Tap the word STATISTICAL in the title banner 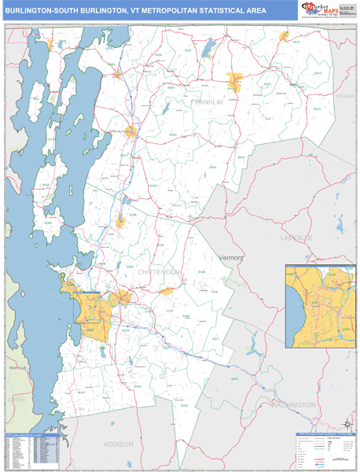click(226, 11)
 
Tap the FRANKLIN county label click(207, 102)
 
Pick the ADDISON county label click(118, 444)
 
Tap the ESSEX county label click(16, 400)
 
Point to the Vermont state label click(231, 257)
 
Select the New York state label click(16, 368)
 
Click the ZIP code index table click(31, 452)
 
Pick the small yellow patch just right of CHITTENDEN click(166, 291)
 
